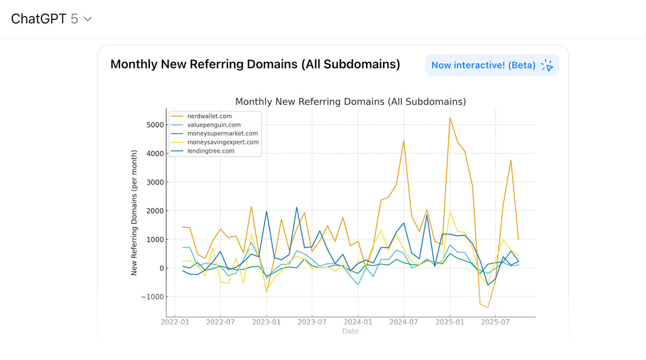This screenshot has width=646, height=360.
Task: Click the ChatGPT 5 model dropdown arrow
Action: [88, 19]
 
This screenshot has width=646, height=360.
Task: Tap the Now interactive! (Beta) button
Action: [491, 65]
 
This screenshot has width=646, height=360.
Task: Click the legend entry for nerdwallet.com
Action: [209, 116]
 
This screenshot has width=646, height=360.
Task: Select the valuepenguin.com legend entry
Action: [214, 125]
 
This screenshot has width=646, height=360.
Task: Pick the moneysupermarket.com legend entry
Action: [222, 133]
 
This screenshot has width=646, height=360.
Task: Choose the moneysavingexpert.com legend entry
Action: [223, 142]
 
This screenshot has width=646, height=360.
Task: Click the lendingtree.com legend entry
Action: [211, 151]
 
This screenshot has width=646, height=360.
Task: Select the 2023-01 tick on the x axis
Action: [266, 322]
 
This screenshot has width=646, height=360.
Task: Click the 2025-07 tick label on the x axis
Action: [495, 322]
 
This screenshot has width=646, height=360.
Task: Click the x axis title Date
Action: [350, 331]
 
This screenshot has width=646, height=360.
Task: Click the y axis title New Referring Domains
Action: [135, 213]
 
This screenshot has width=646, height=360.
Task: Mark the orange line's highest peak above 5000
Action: [450, 118]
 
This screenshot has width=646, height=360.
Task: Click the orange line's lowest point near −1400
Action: [488, 307]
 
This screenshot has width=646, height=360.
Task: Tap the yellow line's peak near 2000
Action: [450, 212]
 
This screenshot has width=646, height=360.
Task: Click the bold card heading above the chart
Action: [255, 65]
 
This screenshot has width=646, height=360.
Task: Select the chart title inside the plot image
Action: [350, 102]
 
